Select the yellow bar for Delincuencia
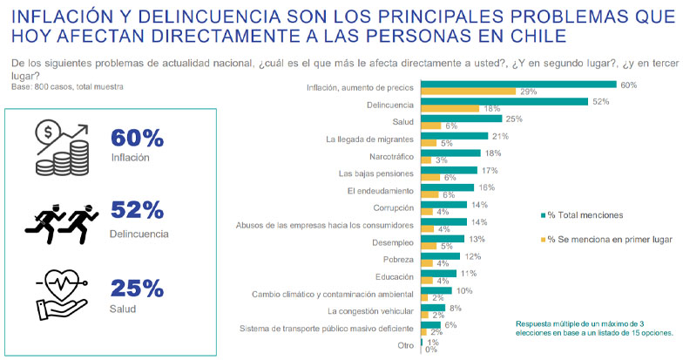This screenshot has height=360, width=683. click(x=450, y=109)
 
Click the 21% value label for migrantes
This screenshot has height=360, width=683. click(x=500, y=136)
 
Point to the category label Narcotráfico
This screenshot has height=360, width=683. click(x=388, y=154)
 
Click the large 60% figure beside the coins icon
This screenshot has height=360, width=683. click(x=138, y=139)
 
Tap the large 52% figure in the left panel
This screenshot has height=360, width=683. click(x=138, y=210)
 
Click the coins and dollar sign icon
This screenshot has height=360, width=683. click(x=62, y=146)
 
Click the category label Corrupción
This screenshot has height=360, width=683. click(x=389, y=207)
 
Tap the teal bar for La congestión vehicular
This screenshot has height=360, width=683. click(x=433, y=307)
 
